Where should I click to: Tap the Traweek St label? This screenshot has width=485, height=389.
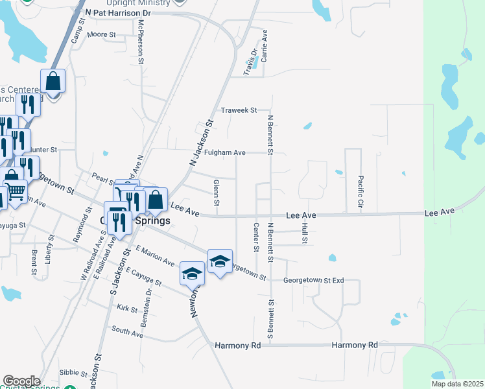point(239,110)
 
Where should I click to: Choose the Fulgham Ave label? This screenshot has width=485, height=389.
point(225,153)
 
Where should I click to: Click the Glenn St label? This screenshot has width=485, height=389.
point(216,195)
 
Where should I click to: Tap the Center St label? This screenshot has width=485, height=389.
point(256,238)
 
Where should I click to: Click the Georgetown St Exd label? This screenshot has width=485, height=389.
point(313,281)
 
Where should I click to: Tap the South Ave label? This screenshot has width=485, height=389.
point(127,330)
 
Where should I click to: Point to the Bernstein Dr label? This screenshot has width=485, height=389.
point(148,305)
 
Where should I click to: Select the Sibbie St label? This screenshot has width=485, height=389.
point(73,373)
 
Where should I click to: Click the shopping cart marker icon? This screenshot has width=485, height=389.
point(15,191)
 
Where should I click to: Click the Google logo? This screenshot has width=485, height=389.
point(21,381)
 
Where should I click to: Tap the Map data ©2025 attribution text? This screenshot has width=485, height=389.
point(456,384)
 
